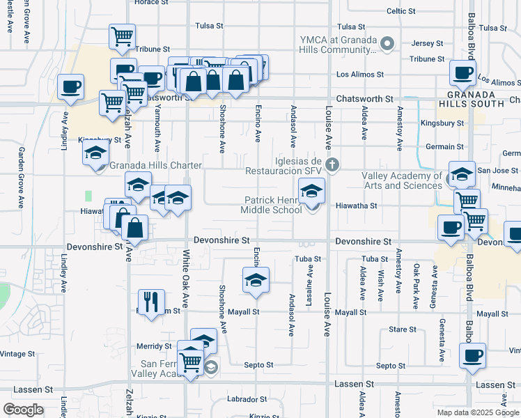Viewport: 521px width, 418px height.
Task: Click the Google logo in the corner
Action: (x=23, y=410)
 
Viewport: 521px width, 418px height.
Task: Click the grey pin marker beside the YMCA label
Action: (x=389, y=45)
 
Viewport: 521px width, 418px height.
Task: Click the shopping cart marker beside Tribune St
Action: (x=122, y=37)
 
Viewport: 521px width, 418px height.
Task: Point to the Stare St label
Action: (x=402, y=329)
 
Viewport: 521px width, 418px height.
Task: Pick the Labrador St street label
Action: (x=248, y=399)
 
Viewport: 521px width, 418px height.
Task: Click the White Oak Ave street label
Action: (x=186, y=279)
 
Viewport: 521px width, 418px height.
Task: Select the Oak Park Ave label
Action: (x=416, y=286)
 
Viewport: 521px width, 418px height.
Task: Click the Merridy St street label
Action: (x=154, y=346)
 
